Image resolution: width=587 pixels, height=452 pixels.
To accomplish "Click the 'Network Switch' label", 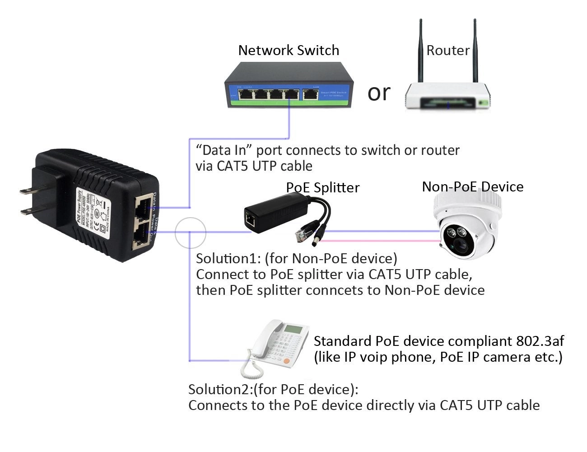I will (x=289, y=50).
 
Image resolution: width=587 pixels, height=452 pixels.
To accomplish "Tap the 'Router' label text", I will (x=447, y=50).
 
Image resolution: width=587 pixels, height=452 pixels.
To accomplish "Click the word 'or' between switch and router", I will (x=378, y=93).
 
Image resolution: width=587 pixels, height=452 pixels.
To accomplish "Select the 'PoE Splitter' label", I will (x=322, y=187).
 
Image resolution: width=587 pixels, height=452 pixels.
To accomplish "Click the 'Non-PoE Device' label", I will (x=472, y=186).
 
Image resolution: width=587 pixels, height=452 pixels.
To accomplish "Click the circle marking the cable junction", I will (x=190, y=233).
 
